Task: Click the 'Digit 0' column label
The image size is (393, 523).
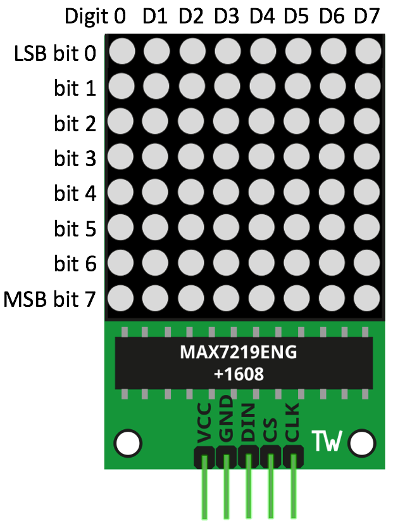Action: (95, 17)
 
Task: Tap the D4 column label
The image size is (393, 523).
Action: (261, 17)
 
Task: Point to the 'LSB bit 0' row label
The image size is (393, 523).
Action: (55, 53)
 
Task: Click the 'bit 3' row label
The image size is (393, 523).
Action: (75, 158)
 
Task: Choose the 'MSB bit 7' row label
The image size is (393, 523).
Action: (50, 298)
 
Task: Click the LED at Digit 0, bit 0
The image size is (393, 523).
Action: (122, 51)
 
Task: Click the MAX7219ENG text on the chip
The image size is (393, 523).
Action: (239, 352)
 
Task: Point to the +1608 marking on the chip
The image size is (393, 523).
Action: (239, 374)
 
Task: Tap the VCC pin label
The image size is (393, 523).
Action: (204, 429)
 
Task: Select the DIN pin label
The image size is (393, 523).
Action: (249, 426)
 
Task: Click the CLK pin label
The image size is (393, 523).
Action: (292, 426)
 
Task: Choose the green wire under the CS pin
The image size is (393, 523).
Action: (270, 494)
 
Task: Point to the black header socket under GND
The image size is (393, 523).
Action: (226, 458)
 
